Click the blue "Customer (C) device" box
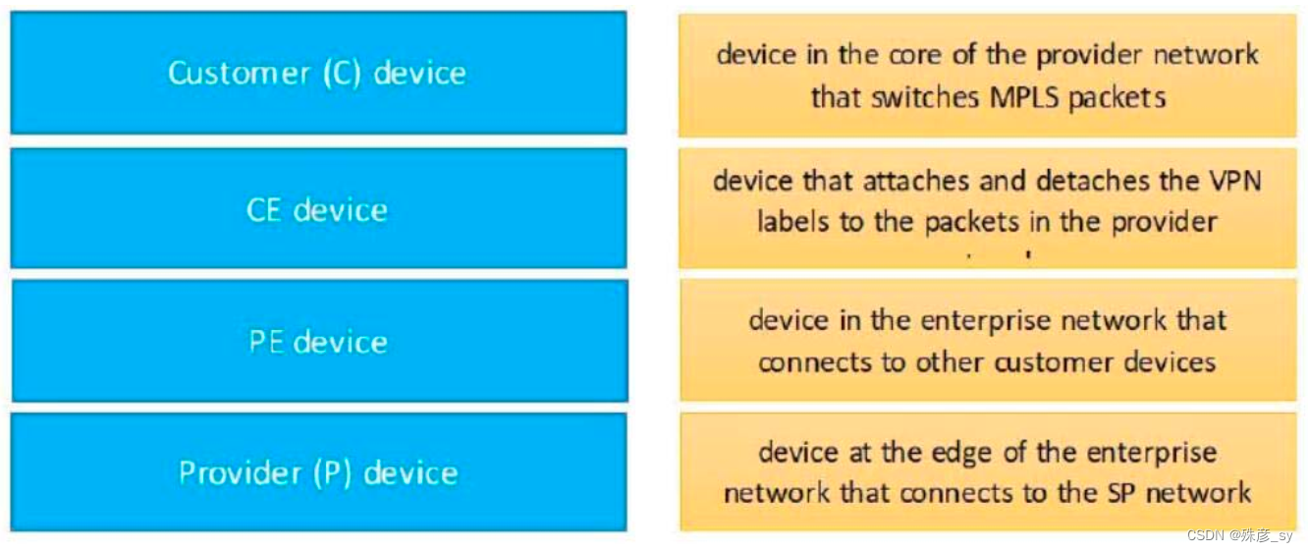[x=318, y=73]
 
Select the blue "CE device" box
[x=318, y=209]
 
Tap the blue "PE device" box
[x=318, y=342]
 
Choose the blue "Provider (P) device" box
[x=318, y=472]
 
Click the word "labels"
[x=789, y=222]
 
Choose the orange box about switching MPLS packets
[x=987, y=76]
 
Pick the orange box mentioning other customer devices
[x=987, y=341]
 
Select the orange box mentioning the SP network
[x=987, y=471]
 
